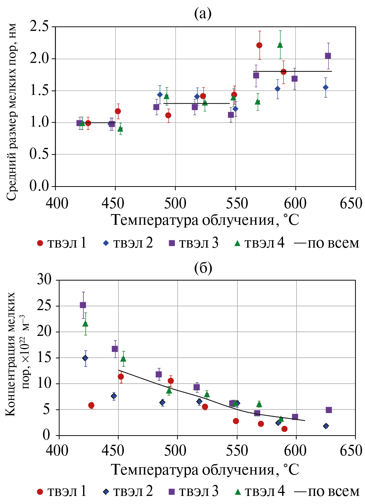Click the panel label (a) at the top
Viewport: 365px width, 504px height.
coord(203,14)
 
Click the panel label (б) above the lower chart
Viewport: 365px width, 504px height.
coord(203,268)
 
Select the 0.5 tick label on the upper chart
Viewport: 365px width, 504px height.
coord(39,155)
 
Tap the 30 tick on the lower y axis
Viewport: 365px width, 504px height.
coord(44,280)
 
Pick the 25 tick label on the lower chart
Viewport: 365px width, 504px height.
coord(44,306)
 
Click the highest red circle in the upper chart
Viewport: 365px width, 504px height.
coord(259,45)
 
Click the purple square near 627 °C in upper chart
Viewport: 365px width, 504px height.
coord(328,56)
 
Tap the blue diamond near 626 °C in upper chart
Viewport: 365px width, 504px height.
coord(326,88)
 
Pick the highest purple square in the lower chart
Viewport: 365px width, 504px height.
coord(83,305)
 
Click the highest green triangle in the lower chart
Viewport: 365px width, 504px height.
coord(85,324)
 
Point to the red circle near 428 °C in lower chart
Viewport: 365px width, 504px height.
coord(91,405)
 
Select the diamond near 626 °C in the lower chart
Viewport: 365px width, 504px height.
coord(326,426)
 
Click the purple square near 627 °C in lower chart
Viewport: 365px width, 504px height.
coord(329,410)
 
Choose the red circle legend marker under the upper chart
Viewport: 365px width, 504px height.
coord(40,244)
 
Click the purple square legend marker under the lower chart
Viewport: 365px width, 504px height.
coord(171,491)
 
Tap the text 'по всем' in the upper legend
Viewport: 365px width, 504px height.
coord(333,244)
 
